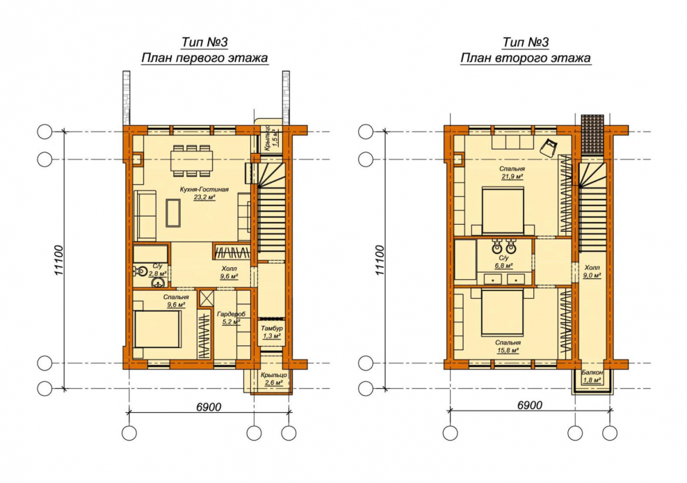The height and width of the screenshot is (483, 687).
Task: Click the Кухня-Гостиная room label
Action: pyautogui.click(x=204, y=189)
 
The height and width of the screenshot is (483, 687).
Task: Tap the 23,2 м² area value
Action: pyautogui.click(x=204, y=198)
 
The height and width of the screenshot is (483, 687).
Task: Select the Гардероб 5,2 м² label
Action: pyautogui.click(x=231, y=318)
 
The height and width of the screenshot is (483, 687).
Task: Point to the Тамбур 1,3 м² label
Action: pyautogui.click(x=272, y=332)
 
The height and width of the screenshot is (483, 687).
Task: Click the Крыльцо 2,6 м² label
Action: pyautogui.click(x=273, y=379)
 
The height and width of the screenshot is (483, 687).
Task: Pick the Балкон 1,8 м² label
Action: pyautogui.click(x=592, y=377)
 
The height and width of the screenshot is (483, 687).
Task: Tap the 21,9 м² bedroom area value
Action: pyautogui.click(x=512, y=177)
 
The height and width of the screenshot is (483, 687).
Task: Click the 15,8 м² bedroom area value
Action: pyautogui.click(x=508, y=351)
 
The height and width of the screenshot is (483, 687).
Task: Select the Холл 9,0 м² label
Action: pyautogui.click(x=592, y=271)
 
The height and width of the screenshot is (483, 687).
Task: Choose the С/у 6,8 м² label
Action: pyautogui.click(x=503, y=262)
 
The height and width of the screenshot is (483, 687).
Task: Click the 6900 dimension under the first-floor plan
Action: pyautogui.click(x=209, y=407)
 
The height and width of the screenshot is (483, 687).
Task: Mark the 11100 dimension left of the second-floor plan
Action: pyautogui.click(x=380, y=260)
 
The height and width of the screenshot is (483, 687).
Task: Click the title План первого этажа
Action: pyautogui.click(x=204, y=58)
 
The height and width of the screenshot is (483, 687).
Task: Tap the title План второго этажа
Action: pyautogui.click(x=525, y=58)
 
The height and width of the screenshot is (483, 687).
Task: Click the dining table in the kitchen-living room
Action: pyautogui.click(x=193, y=161)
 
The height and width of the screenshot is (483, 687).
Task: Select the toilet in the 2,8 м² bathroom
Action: pyautogui.click(x=139, y=271)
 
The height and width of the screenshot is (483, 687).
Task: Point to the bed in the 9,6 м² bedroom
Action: pyautogui.click(x=157, y=329)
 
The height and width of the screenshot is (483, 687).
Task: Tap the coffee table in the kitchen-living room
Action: pyautogui.click(x=173, y=213)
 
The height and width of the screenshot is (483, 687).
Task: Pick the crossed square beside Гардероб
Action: pyautogui.click(x=206, y=298)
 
